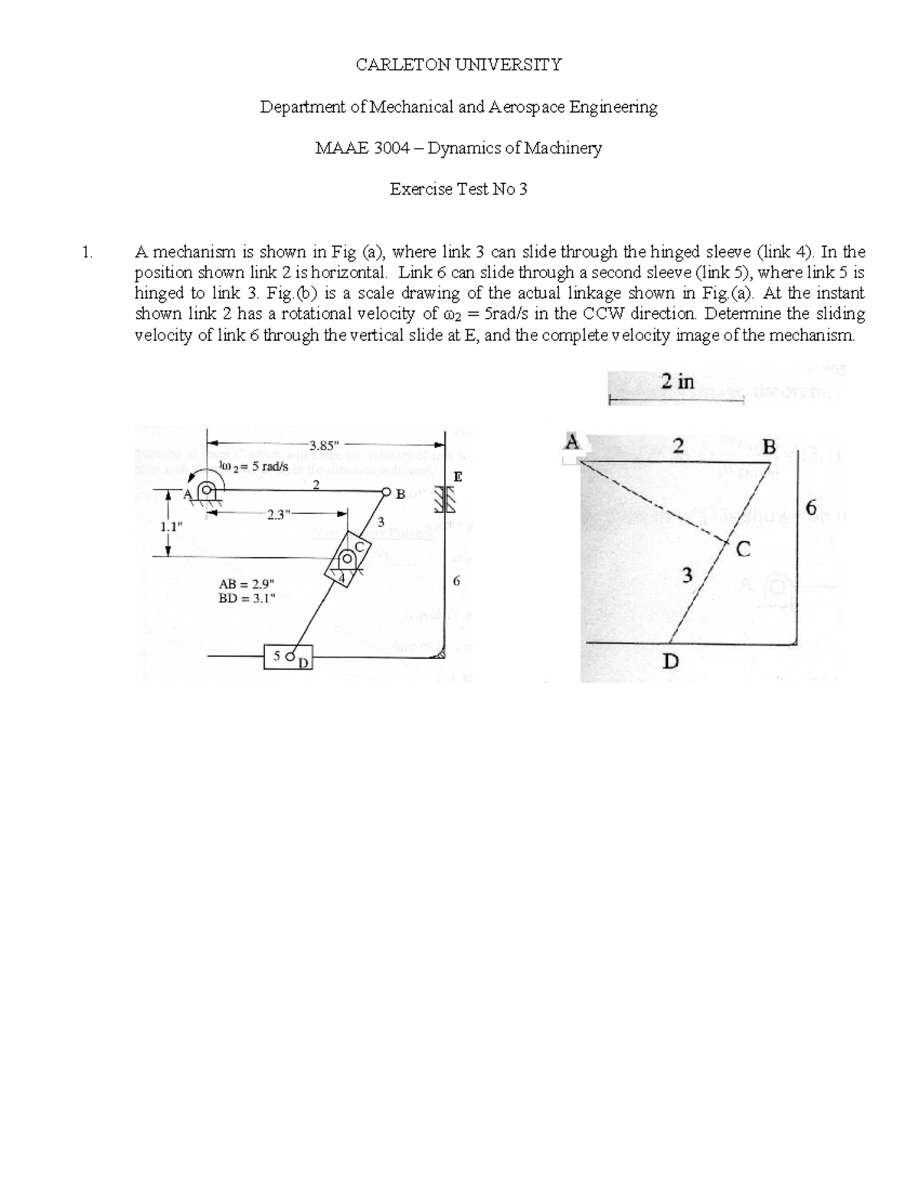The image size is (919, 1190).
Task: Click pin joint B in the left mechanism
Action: pos(387,493)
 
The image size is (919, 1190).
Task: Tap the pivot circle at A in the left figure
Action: pos(208,493)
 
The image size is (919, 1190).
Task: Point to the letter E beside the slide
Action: pos(458,477)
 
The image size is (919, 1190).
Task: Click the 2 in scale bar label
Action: pos(677,382)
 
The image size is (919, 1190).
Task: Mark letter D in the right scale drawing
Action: pos(670,661)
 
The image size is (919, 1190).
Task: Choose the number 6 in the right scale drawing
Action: pos(812,508)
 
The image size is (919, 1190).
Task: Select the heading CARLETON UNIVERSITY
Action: pos(458,64)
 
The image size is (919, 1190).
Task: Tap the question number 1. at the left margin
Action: pos(87,251)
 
